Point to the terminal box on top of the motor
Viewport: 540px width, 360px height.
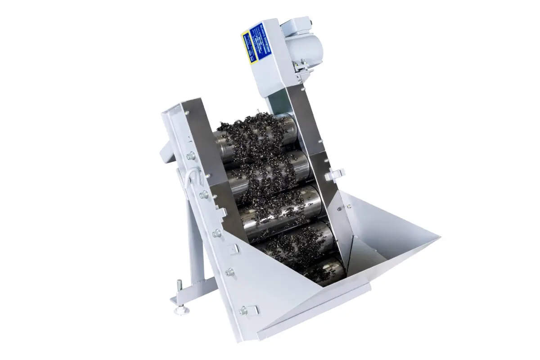tap(297, 24)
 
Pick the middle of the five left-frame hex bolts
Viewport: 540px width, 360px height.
tap(217, 233)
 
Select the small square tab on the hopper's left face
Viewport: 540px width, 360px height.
tap(234, 249)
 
